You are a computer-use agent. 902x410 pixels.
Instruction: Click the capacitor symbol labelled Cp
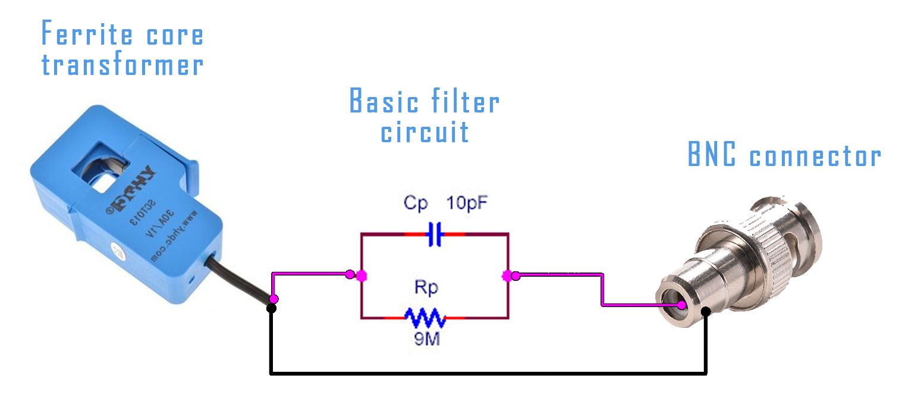[435, 235]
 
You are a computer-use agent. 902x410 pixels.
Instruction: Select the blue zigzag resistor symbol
[425, 318]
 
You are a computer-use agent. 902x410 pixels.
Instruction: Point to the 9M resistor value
[426, 340]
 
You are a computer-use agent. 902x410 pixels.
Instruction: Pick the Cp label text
[416, 204]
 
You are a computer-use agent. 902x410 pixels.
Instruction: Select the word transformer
[122, 64]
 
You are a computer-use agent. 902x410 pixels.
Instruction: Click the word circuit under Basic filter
[425, 132]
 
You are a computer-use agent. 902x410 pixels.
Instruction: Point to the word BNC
[712, 155]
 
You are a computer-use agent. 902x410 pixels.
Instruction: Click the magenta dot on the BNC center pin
[682, 305]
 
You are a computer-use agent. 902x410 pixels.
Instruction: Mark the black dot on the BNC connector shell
[706, 311]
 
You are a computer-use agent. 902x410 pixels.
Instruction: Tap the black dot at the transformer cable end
[271, 308]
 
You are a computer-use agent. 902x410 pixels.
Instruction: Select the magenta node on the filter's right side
[507, 276]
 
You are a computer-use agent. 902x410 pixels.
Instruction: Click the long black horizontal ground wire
[488, 374]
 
